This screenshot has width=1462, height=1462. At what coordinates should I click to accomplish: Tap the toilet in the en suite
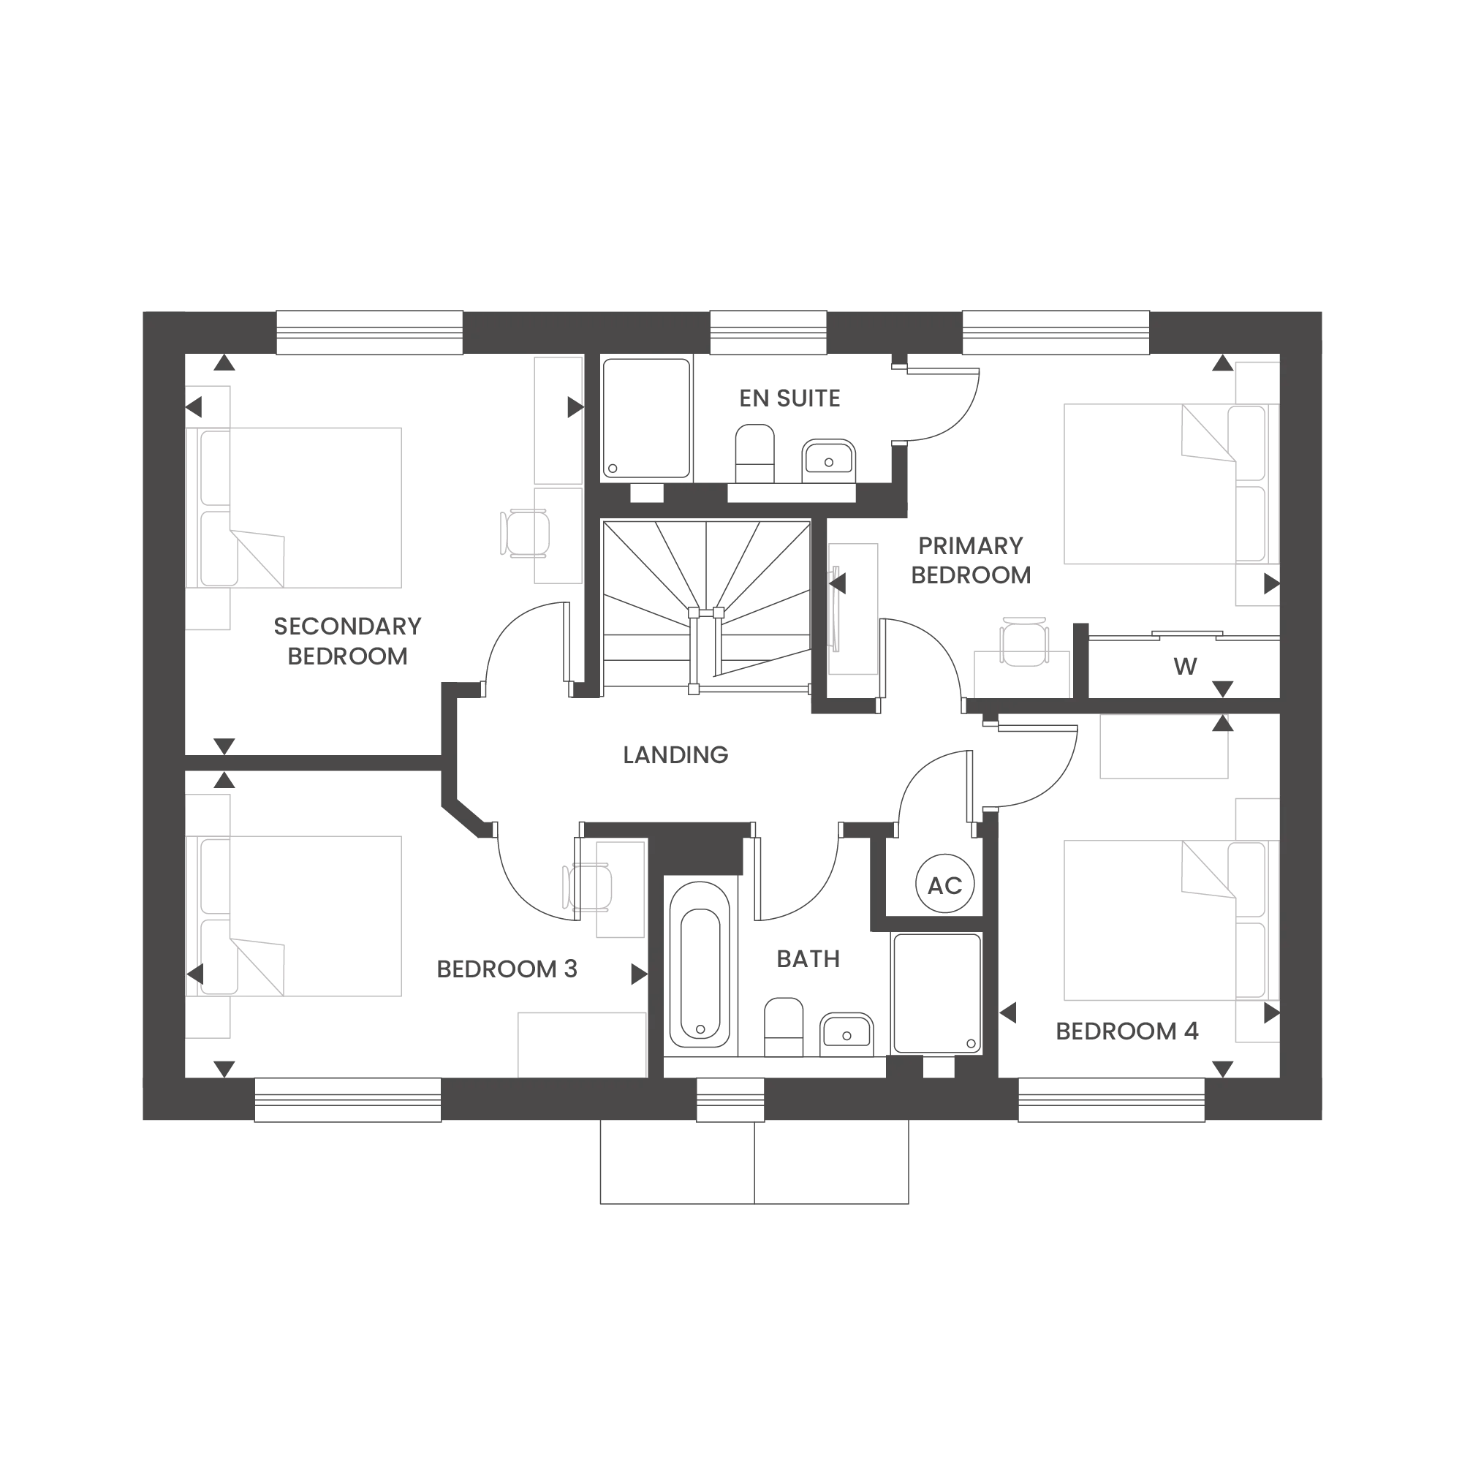pyautogui.click(x=754, y=452)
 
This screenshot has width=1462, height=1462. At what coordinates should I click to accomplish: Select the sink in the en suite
pyautogui.click(x=830, y=461)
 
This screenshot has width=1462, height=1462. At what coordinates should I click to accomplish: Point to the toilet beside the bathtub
pyautogui.click(x=783, y=1025)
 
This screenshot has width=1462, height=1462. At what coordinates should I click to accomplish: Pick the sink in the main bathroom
pyautogui.click(x=848, y=1034)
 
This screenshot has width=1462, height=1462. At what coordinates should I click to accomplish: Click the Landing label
pyautogui.click(x=675, y=754)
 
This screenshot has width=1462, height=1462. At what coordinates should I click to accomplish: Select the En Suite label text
pyautogui.click(x=789, y=398)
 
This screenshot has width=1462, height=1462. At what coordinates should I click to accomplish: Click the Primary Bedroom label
pyautogui.click(x=972, y=558)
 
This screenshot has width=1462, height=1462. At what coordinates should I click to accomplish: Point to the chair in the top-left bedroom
pyautogui.click(x=522, y=532)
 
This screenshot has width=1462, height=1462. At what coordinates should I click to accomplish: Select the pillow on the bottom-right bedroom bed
pyautogui.click(x=1208, y=869)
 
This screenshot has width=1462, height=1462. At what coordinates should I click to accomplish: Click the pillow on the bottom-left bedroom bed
pyautogui.click(x=260, y=967)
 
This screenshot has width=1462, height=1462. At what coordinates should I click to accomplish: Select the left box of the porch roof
pyautogui.click(x=673, y=1162)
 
